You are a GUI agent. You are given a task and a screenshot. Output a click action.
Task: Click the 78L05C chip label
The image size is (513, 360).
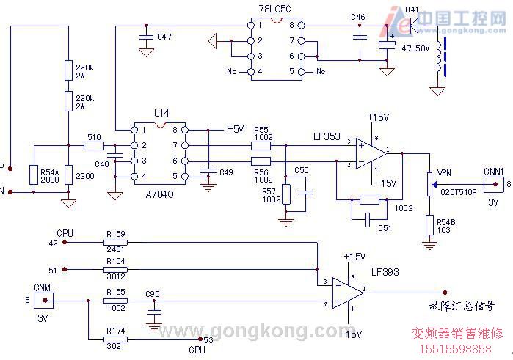(x=275, y=8)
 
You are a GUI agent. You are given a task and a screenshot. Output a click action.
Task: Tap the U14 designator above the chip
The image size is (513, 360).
(x=161, y=113)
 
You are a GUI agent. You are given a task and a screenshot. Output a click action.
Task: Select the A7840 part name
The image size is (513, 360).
(x=159, y=188)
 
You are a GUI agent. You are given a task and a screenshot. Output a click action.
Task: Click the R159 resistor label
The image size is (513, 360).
(x=115, y=234)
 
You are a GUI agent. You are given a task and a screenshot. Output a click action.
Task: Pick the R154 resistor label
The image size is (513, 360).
(x=115, y=261)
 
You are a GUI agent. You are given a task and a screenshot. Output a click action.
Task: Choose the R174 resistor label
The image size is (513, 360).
(x=115, y=331)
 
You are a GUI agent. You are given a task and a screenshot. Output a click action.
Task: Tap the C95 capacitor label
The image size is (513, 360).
(x=153, y=294)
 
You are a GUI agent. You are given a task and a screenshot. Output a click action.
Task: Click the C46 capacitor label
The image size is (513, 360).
(x=358, y=17)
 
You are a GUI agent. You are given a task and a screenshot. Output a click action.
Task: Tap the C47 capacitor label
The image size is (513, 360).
(x=164, y=36)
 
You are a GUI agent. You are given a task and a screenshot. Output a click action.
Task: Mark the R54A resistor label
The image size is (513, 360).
(x=49, y=169)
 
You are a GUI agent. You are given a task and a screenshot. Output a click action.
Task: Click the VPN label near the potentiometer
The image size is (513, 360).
(x=444, y=173)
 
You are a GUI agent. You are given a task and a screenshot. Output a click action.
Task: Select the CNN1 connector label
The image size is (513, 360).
(x=493, y=171)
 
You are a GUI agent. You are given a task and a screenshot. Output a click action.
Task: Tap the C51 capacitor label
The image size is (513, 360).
(x=385, y=228)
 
